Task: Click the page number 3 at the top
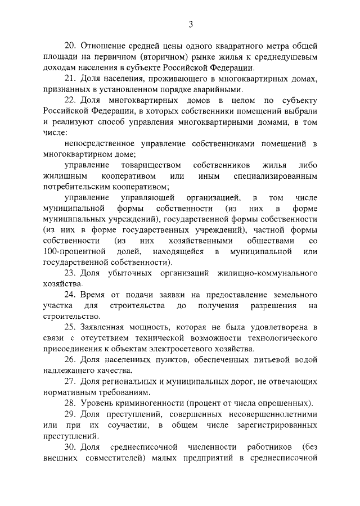coord(191,24)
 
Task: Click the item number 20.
coord(70,46)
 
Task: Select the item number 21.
coord(70,79)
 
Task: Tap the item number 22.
coord(70,100)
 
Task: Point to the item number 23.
coord(70,273)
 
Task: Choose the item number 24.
coord(70,295)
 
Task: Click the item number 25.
coord(70,327)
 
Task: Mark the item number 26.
coord(70,359)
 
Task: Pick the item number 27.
coord(70,381)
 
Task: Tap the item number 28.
coord(70,403)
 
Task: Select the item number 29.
coord(70,414)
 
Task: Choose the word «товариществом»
coord(151,165)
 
